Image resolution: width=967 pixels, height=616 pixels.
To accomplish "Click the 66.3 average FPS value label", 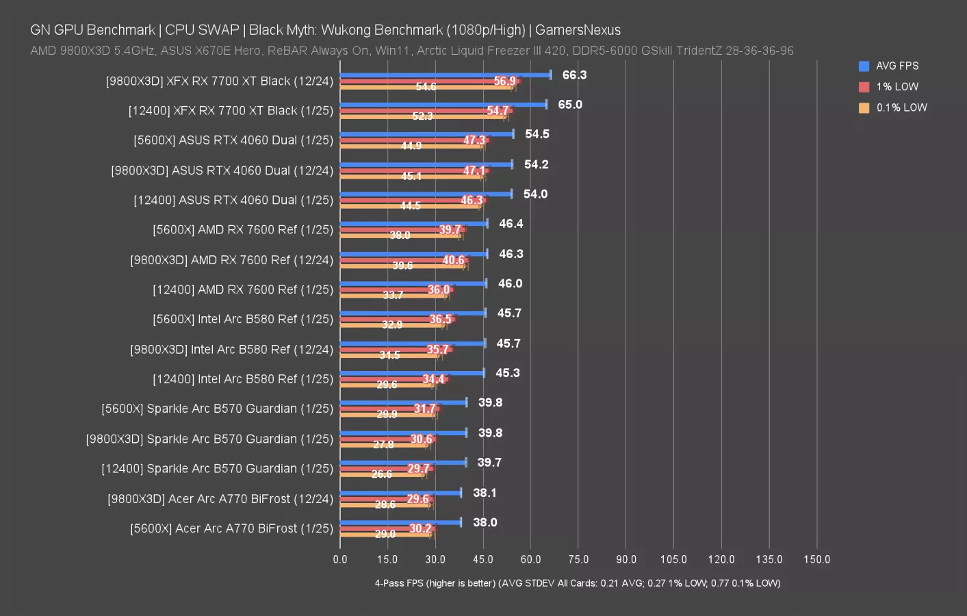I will (x=574, y=75).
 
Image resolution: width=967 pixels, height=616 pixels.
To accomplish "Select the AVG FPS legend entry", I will (x=897, y=66).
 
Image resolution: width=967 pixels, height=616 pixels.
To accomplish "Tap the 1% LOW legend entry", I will (x=897, y=87).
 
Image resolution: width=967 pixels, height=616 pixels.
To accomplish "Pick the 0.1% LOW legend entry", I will (x=901, y=107).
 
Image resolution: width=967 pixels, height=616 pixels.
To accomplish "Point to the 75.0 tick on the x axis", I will (x=578, y=559).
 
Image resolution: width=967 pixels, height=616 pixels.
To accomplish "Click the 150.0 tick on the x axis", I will (x=816, y=559).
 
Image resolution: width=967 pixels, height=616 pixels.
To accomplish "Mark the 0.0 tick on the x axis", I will (x=340, y=559).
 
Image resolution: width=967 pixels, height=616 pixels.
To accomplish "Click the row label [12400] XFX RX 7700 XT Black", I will (x=231, y=111).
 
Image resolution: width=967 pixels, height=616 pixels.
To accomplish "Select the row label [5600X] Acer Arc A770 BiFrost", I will (x=231, y=528).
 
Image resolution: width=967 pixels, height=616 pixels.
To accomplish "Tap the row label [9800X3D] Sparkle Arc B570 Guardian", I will (x=209, y=439).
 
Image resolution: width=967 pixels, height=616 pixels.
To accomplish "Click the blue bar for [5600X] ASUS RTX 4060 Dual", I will (x=426, y=134).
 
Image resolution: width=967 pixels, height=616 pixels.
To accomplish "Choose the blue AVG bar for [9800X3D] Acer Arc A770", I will (x=400, y=493).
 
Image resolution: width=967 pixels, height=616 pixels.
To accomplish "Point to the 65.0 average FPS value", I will (x=570, y=105).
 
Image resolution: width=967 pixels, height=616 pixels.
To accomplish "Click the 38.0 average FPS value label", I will (x=485, y=522).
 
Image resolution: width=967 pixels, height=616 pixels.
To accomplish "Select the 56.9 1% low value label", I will (x=504, y=81).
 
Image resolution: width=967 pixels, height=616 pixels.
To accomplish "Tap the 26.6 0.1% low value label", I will (x=382, y=474).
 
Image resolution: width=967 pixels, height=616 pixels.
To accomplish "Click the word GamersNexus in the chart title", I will (x=578, y=30).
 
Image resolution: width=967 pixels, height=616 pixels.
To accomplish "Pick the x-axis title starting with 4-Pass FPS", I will (x=577, y=583).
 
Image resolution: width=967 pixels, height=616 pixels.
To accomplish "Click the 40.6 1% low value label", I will (x=453, y=260).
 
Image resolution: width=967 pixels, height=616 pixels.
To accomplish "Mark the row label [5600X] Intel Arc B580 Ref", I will (x=243, y=320).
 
